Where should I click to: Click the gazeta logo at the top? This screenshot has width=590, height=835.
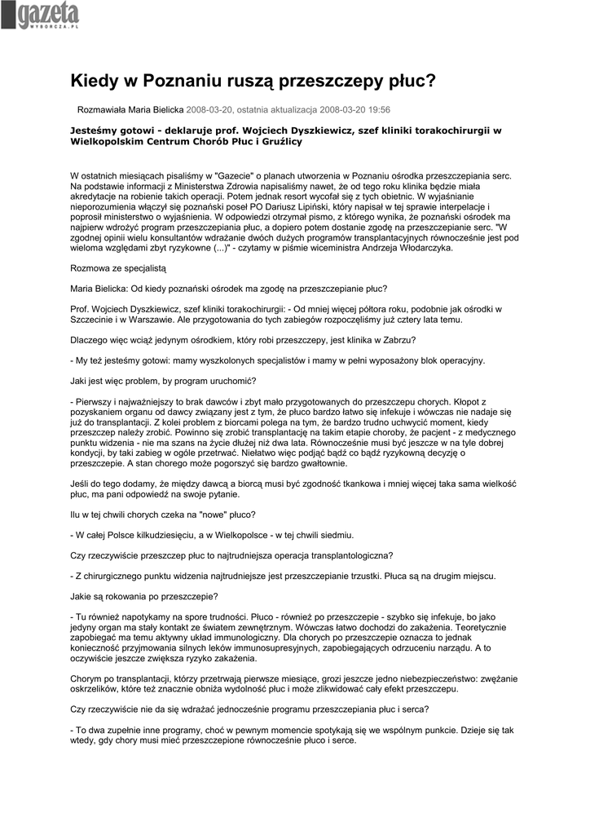click(40, 15)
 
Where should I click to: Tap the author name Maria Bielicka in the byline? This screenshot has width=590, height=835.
click(155, 108)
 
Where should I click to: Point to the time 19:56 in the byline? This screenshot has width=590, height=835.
click(378, 108)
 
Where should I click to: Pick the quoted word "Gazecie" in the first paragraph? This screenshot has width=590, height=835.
click(234, 175)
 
